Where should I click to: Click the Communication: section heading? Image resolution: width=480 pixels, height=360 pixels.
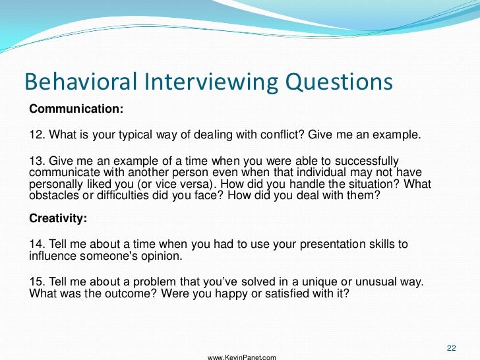(76, 107)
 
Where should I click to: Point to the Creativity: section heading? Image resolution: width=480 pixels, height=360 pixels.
(58, 217)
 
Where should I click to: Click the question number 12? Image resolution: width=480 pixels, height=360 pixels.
(37, 135)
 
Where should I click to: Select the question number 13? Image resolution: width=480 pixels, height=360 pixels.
(37, 162)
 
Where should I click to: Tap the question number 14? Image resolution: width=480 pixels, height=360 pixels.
(37, 245)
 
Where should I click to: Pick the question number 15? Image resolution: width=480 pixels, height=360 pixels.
(37, 282)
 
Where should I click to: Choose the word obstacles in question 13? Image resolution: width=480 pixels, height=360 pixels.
(53, 197)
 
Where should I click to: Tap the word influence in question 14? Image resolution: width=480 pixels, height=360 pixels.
(53, 256)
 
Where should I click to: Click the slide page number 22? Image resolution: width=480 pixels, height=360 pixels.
(452, 348)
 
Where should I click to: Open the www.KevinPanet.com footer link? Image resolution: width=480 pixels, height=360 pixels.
(242, 357)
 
